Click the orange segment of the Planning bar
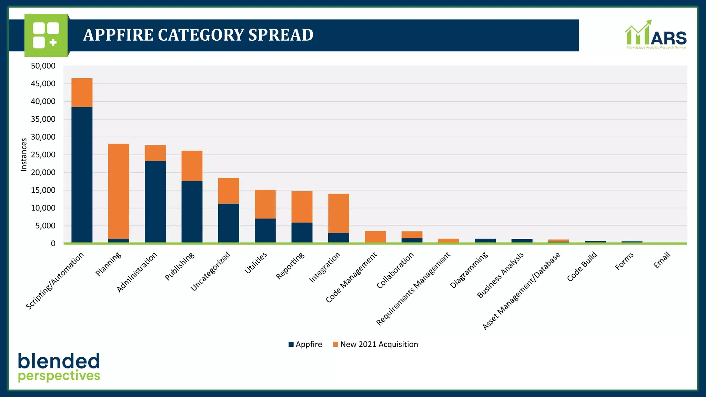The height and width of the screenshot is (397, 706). coord(119,191)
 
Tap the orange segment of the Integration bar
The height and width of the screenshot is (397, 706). coord(339,213)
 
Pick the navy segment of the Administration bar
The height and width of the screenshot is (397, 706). coord(155,202)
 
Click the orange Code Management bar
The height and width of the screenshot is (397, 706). coord(375,237)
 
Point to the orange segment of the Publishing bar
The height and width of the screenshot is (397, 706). coord(192,166)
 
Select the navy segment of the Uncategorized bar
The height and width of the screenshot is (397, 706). coord(229,223)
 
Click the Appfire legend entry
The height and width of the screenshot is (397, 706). coord(305,344)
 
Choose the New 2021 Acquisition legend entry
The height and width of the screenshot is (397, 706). coord(375,344)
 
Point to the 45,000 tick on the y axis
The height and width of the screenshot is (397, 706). coord(43,84)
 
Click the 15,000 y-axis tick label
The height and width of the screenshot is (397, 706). coord(43,190)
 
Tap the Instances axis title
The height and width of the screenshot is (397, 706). coord(24,155)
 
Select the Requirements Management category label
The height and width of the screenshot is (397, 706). coord(413,289)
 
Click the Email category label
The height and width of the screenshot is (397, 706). coord(662,260)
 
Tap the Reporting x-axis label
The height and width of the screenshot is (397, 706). coord(290,265)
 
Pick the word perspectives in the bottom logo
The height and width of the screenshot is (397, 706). coord(59,376)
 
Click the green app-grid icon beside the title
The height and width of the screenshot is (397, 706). coord(46,35)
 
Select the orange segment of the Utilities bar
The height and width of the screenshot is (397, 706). coord(265,204)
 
